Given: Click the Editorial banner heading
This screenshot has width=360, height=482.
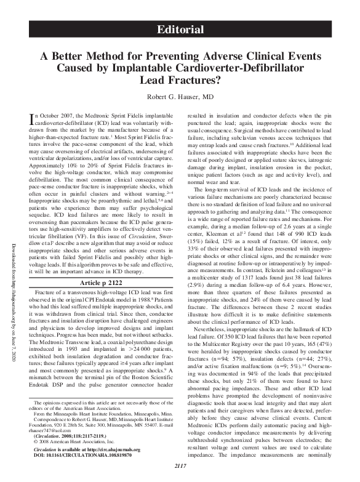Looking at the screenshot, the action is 180,29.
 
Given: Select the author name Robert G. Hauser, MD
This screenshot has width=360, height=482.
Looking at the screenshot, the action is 180,97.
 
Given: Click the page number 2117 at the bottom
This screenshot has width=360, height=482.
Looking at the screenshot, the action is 180,473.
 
